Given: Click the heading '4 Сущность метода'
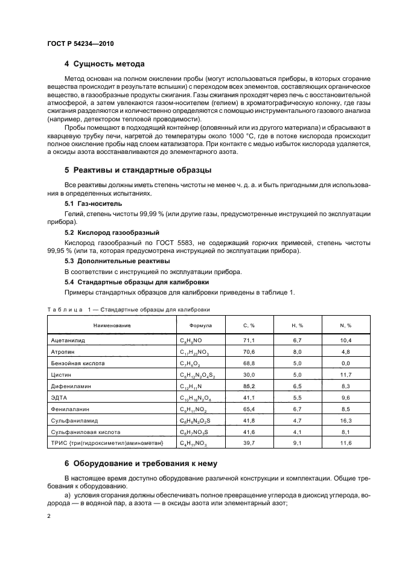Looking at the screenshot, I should tap(104, 64).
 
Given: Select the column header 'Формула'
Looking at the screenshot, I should tap(200, 325).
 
